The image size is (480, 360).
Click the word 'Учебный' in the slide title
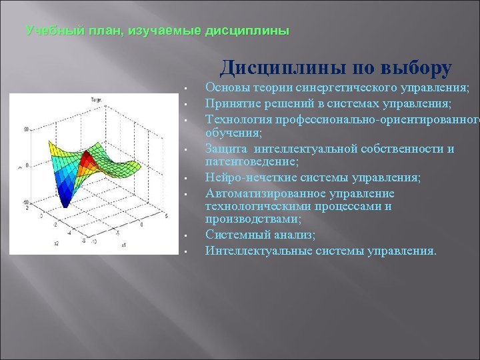(47, 31)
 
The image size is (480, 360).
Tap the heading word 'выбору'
(417, 68)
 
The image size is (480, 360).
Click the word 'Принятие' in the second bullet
(229, 103)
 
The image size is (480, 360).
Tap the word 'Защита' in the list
(225, 149)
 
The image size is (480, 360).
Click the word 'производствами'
(252, 219)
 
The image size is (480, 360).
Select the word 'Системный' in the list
(234, 235)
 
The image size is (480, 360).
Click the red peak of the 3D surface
(86, 160)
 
